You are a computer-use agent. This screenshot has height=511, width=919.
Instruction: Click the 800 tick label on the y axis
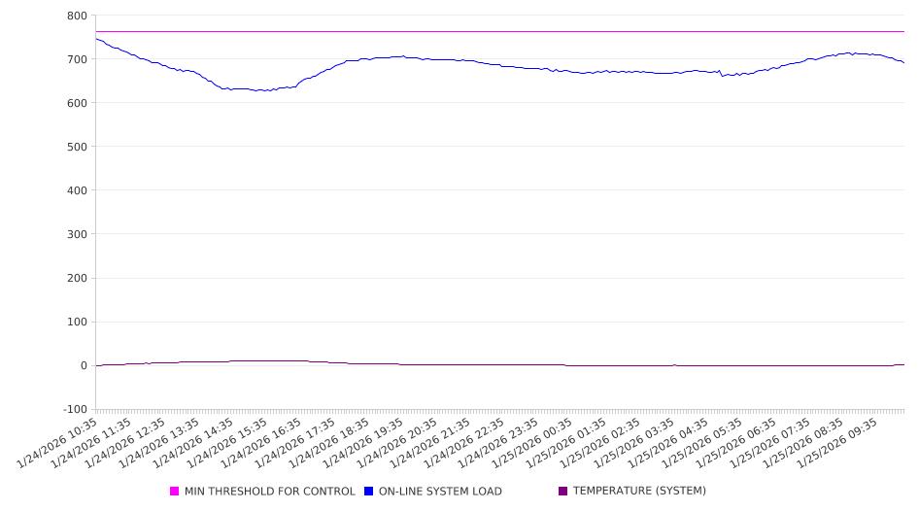(77, 16)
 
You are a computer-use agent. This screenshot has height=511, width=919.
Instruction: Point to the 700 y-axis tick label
(77, 59)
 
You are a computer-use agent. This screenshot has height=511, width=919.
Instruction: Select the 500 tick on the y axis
(77, 147)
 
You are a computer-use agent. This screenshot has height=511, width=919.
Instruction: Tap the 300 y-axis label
(77, 234)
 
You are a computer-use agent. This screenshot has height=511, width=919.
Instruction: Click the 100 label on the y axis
(77, 322)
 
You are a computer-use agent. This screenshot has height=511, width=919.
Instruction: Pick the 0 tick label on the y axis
(84, 365)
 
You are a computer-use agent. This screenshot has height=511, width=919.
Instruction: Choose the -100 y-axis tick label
(74, 409)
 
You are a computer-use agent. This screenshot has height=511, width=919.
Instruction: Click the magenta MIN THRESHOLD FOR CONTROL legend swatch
(175, 492)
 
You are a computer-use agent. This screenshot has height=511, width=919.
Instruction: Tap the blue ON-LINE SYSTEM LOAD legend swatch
(369, 492)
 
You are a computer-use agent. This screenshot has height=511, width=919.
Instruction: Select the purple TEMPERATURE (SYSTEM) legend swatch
(563, 492)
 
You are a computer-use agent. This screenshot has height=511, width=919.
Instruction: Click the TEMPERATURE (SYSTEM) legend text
(639, 492)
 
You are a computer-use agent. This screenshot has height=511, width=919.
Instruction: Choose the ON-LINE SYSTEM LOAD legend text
(440, 492)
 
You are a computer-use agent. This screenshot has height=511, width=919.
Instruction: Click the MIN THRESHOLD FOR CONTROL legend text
(270, 492)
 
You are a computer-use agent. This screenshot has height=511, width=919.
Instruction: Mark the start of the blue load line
(96, 39)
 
